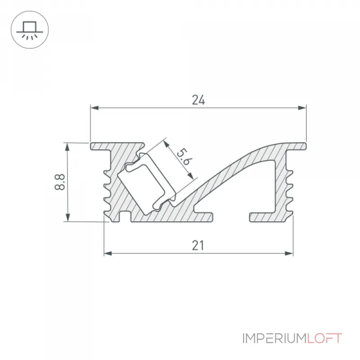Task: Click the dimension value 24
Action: (198, 100)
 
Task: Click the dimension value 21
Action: (198, 245)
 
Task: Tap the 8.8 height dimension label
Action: (60, 182)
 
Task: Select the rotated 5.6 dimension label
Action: (184, 157)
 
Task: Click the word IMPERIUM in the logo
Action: (274, 338)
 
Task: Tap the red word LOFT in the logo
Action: (324, 338)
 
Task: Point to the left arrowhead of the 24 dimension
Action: (94, 108)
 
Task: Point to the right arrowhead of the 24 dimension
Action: (302, 108)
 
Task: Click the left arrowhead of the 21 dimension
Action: (108, 253)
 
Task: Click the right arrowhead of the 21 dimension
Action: (289, 253)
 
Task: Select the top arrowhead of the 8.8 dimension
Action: (67, 147)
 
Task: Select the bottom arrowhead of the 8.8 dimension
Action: (67, 217)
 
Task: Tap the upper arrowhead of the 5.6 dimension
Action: (166, 144)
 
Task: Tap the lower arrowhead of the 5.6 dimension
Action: (190, 175)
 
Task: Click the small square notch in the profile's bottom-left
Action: (125, 217)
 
